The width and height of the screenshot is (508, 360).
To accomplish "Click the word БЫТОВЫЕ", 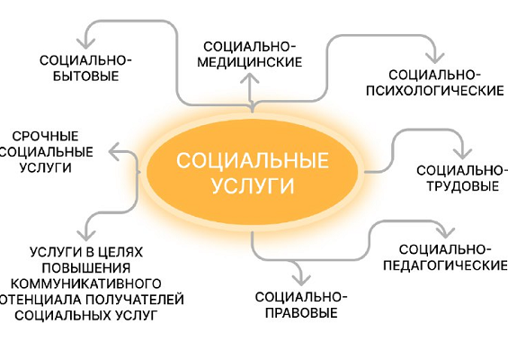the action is pyautogui.click(x=85, y=76).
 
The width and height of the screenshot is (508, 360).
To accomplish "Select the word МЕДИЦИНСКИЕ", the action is pyautogui.click(x=250, y=62).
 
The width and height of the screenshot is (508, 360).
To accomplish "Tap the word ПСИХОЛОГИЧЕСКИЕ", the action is pyautogui.click(x=435, y=91).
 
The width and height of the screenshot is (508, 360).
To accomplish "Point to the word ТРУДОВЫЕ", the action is pyautogui.click(x=463, y=186).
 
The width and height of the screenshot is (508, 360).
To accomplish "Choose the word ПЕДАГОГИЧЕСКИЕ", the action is pyautogui.click(x=445, y=265).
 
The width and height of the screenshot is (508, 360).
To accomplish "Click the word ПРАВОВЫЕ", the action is pyautogui.click(x=301, y=313).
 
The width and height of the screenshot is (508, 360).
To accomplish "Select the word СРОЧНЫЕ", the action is pyautogui.click(x=45, y=136).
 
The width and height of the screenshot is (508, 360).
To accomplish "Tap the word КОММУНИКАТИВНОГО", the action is pyautogui.click(x=86, y=283).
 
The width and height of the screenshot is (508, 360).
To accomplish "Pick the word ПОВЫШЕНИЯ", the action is pyautogui.click(x=86, y=268).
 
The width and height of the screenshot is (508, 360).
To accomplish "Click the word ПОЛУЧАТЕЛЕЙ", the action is pyautogui.click(x=135, y=300).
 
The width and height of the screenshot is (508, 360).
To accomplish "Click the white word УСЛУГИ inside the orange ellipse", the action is pyautogui.click(x=253, y=185).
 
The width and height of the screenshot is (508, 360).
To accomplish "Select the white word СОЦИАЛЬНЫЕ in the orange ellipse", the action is pyautogui.click(x=253, y=160).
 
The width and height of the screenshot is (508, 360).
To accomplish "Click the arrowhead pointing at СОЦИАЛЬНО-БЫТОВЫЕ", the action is pyautogui.click(x=85, y=43).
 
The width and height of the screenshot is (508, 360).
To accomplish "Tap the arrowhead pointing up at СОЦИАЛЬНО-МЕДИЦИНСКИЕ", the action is pyautogui.click(x=250, y=78).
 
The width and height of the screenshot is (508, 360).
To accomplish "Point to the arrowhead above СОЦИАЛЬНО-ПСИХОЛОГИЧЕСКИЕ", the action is pyautogui.click(x=435, y=58).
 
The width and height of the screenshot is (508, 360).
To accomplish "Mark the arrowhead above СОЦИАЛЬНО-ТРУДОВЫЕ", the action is pyautogui.click(x=462, y=152).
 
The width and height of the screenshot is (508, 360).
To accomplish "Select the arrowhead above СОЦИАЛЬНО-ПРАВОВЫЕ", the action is pyautogui.click(x=301, y=279).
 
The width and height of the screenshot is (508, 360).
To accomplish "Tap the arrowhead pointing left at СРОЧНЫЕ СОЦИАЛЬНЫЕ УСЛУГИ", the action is pyautogui.click(x=113, y=151).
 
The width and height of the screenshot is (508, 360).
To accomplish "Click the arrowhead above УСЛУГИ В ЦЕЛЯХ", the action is pyautogui.click(x=86, y=235).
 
